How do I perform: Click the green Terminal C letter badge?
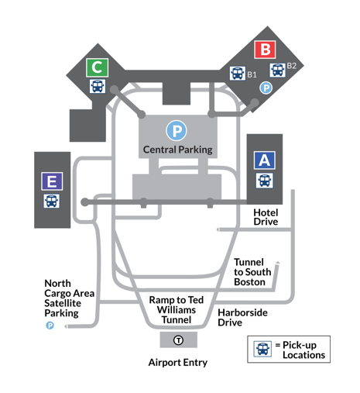click(x=97, y=67)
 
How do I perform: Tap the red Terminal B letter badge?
click(x=265, y=50)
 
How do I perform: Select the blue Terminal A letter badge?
click(x=265, y=160)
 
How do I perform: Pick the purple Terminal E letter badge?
click(x=52, y=181)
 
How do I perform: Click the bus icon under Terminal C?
click(x=98, y=86)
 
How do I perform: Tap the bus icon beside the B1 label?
click(x=238, y=73)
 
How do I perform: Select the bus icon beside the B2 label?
click(x=277, y=70)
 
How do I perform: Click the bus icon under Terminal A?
click(x=265, y=181)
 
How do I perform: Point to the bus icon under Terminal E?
click(x=51, y=201)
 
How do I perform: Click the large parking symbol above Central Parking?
click(x=177, y=130)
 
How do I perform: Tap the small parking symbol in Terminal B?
click(x=266, y=88)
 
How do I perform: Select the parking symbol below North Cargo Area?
click(x=50, y=326)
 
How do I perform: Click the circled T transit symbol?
click(x=178, y=340)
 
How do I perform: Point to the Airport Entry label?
click(x=178, y=363)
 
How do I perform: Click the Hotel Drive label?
click(x=266, y=217)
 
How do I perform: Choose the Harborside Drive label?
click(x=242, y=318)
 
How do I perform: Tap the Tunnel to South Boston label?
click(x=252, y=272)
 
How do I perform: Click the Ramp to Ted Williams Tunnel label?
click(x=177, y=309)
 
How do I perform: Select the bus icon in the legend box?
click(x=262, y=349)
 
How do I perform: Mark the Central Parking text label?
click(x=178, y=150)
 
